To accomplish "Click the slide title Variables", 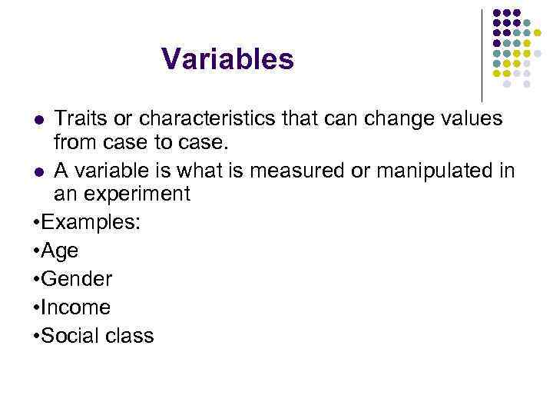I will click(227, 58).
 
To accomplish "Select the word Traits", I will click(82, 119).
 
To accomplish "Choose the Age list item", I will click(60, 251).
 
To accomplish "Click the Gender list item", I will click(77, 279).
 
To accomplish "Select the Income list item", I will click(76, 307).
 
